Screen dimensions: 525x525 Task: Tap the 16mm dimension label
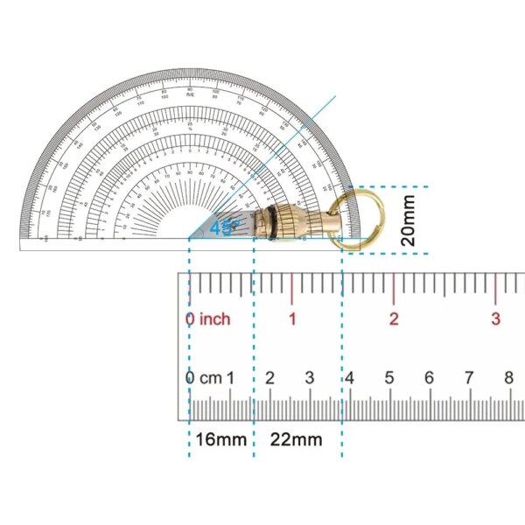[220, 439]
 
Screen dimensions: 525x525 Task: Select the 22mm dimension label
[295, 439]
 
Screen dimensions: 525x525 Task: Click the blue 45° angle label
[222, 228]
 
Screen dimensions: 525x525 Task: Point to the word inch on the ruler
[214, 319]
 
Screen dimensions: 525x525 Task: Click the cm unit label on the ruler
[211, 378]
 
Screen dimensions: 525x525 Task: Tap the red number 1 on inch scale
[292, 319]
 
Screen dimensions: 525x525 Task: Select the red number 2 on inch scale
[394, 319]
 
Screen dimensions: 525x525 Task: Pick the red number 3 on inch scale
[495, 319]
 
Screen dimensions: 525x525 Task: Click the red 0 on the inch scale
[190, 319]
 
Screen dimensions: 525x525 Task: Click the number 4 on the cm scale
[349, 378]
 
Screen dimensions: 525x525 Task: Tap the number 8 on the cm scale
[508, 378]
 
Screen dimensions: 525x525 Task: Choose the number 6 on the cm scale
[429, 378]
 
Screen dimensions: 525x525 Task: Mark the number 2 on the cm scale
[269, 378]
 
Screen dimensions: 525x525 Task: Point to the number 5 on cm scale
[389, 378]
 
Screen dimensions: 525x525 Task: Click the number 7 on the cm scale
[469, 378]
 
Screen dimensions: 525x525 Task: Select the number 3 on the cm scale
[310, 378]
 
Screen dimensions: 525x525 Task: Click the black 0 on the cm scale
[190, 378]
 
